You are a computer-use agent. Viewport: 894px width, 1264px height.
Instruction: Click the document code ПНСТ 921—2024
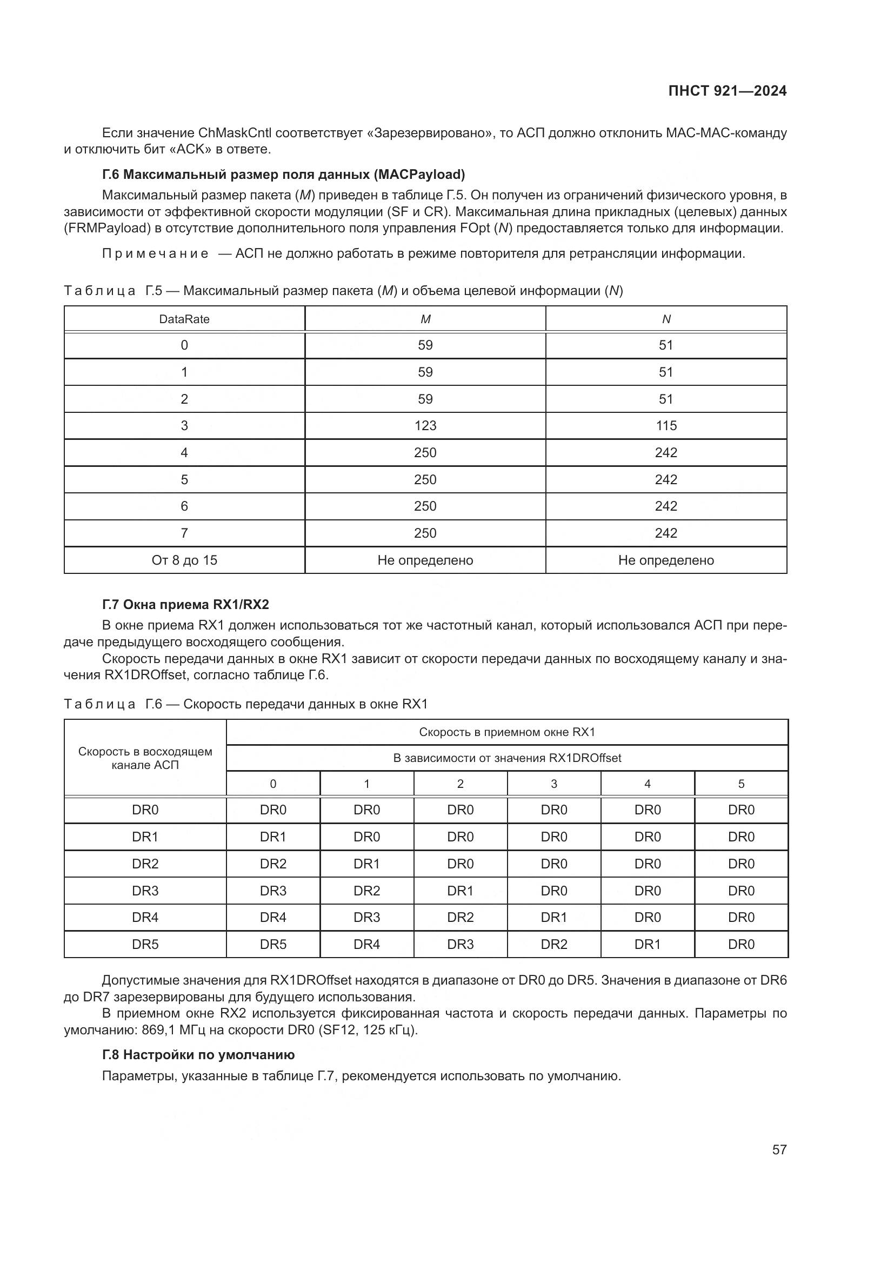[x=727, y=91]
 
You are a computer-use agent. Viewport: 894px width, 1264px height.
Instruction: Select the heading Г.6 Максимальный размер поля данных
[x=284, y=175]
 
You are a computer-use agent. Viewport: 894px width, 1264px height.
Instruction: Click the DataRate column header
[x=184, y=319]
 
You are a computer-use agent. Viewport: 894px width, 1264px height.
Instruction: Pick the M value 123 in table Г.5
[x=425, y=425]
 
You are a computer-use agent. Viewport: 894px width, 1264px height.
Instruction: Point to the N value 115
[x=665, y=425]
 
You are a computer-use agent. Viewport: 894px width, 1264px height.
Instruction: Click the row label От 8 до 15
[x=184, y=560]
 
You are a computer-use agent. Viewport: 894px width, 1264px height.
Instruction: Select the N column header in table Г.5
[x=666, y=319]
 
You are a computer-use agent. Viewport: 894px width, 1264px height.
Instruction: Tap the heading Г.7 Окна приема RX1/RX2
[x=185, y=605]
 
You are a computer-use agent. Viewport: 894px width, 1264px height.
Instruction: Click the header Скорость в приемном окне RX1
[x=507, y=732]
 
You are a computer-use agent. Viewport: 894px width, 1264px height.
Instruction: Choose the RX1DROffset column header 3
[x=554, y=784]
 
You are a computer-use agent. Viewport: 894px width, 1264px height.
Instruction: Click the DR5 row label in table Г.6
[x=145, y=945]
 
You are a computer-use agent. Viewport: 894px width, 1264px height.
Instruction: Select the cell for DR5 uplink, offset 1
[x=366, y=945]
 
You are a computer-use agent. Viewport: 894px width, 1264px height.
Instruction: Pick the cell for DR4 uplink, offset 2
[x=460, y=918]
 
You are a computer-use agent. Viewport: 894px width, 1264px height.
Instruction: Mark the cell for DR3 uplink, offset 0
[x=273, y=891]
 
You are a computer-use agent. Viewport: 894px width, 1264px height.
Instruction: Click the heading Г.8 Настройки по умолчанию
[x=198, y=1055]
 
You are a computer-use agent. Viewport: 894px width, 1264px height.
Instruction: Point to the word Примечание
[x=155, y=254]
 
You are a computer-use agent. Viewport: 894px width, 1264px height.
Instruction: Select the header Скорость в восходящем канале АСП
[x=145, y=758]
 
